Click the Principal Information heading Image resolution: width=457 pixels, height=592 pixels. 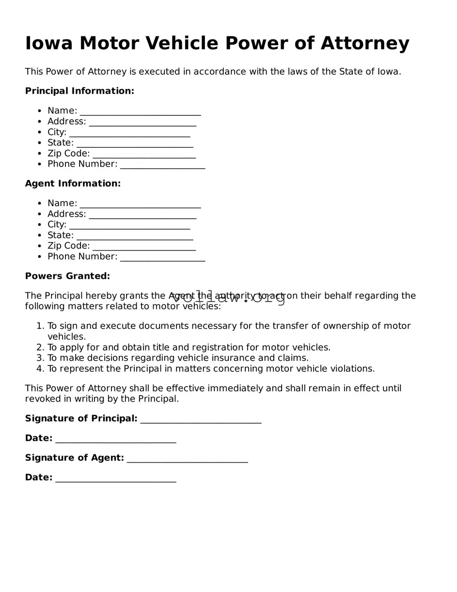pos(79,91)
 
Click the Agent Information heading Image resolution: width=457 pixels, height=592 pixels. pos(73,184)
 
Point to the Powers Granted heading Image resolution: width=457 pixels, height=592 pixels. pos(67,276)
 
